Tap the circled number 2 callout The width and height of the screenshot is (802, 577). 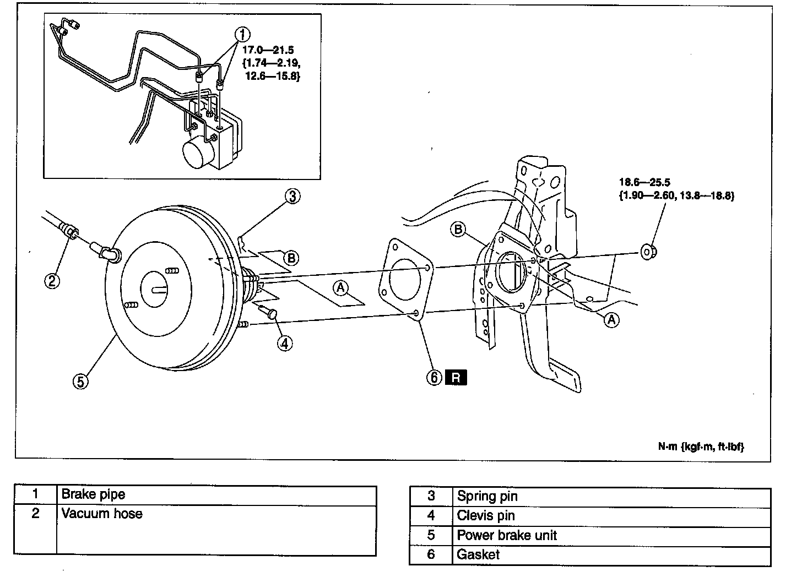tap(52, 281)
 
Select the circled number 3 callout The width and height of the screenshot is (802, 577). tap(292, 195)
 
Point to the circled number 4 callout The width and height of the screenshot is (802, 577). tap(285, 344)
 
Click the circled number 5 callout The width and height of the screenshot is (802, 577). tap(80, 381)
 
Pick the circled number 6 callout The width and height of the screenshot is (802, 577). tap(434, 377)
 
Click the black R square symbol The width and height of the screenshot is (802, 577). tap(456, 378)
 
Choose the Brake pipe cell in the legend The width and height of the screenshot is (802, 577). tap(94, 494)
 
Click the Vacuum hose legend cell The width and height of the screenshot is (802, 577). tap(102, 514)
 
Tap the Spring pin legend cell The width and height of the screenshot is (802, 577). tap(487, 497)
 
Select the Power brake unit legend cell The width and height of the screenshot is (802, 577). tap(507, 535)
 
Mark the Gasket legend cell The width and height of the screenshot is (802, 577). tap(478, 554)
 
